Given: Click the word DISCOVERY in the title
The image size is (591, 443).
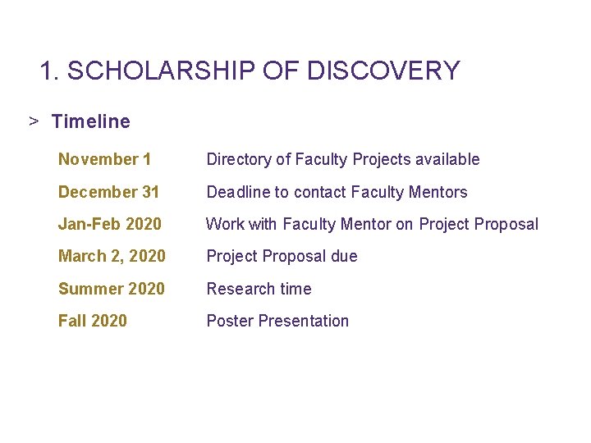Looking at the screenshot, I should click(383, 71).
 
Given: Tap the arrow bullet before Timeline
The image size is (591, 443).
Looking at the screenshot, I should click(34, 121).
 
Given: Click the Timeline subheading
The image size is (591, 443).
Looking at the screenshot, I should click(90, 121).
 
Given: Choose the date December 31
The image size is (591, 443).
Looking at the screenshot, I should click(108, 192).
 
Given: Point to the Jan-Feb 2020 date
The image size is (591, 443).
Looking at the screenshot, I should click(110, 224).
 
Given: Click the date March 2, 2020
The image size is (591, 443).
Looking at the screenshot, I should click(112, 256).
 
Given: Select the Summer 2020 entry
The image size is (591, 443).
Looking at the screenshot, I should click(111, 289).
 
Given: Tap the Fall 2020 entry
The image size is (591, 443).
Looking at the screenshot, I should click(93, 321).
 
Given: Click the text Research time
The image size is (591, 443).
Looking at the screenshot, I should click(259, 289).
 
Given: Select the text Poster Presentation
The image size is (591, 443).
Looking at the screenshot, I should click(277, 321).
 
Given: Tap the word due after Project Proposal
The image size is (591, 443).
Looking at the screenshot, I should click(344, 256).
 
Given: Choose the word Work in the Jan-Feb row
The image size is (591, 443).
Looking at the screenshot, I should click(223, 224).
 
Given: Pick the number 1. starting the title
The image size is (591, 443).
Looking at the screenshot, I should click(50, 71).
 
